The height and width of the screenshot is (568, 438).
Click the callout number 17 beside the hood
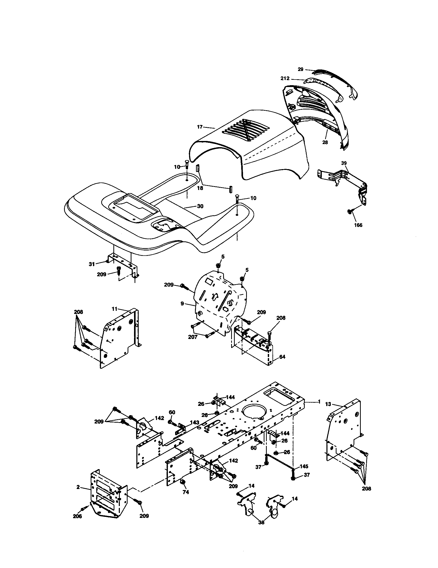click(x=200, y=127)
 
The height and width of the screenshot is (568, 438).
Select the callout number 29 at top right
click(x=300, y=69)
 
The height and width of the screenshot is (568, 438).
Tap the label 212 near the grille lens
click(x=285, y=78)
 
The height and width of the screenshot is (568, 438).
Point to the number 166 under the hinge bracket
click(x=358, y=225)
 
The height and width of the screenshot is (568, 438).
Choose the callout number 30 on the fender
click(x=200, y=206)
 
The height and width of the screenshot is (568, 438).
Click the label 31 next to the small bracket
click(x=92, y=264)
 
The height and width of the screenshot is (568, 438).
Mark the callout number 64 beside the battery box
click(x=282, y=357)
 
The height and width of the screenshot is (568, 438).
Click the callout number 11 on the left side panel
click(x=115, y=309)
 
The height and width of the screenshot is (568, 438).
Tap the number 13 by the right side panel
click(x=328, y=404)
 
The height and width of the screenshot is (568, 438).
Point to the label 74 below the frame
click(x=186, y=492)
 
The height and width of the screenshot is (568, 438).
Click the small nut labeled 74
click(x=183, y=483)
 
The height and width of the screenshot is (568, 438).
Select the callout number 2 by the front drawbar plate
click(x=78, y=487)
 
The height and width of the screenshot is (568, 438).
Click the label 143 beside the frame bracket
click(x=194, y=422)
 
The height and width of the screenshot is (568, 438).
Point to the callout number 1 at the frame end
click(x=319, y=401)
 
